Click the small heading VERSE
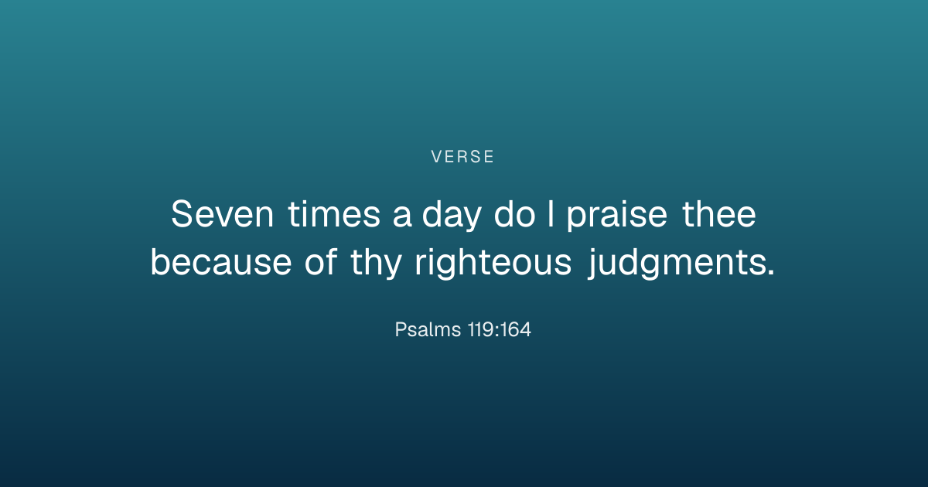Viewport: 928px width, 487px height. point(462,157)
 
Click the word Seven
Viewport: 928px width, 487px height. point(223,213)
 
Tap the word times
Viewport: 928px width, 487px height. point(334,213)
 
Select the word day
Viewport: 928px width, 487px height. point(452,216)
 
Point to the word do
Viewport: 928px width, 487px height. point(514,213)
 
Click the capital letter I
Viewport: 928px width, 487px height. point(551,213)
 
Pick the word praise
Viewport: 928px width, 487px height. point(617,216)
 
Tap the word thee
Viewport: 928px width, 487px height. point(718,213)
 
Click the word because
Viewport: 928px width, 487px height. point(221,262)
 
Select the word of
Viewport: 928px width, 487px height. point(321,261)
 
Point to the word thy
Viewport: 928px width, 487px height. point(376,264)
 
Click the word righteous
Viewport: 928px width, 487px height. point(493,264)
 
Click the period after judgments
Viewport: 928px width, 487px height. point(770,272)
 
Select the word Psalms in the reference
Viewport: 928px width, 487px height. point(428,329)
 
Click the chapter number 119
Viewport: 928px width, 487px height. point(480,329)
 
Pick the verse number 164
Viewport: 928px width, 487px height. point(515,329)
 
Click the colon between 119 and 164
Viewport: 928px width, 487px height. point(496,332)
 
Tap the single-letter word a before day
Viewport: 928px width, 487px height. point(402,217)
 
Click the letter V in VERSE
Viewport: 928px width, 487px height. point(437,157)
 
